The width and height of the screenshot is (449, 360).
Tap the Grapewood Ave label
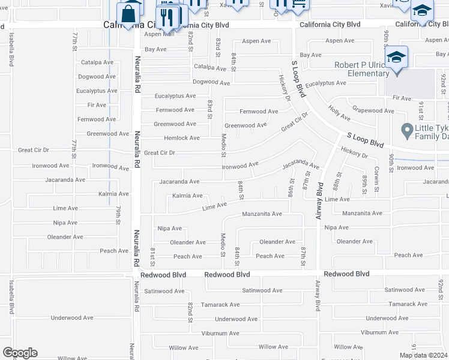point(373,110)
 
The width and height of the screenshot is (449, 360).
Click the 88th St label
point(337,181)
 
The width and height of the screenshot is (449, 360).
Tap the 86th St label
point(291,188)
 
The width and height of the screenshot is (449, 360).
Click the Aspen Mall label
point(159,34)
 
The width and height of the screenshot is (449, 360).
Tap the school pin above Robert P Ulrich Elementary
point(396,59)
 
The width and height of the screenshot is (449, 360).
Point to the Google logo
point(20,353)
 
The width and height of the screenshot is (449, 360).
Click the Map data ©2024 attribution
point(423,355)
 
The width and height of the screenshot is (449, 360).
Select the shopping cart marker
point(299,5)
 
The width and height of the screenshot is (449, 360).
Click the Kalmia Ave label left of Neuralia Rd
point(113,194)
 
